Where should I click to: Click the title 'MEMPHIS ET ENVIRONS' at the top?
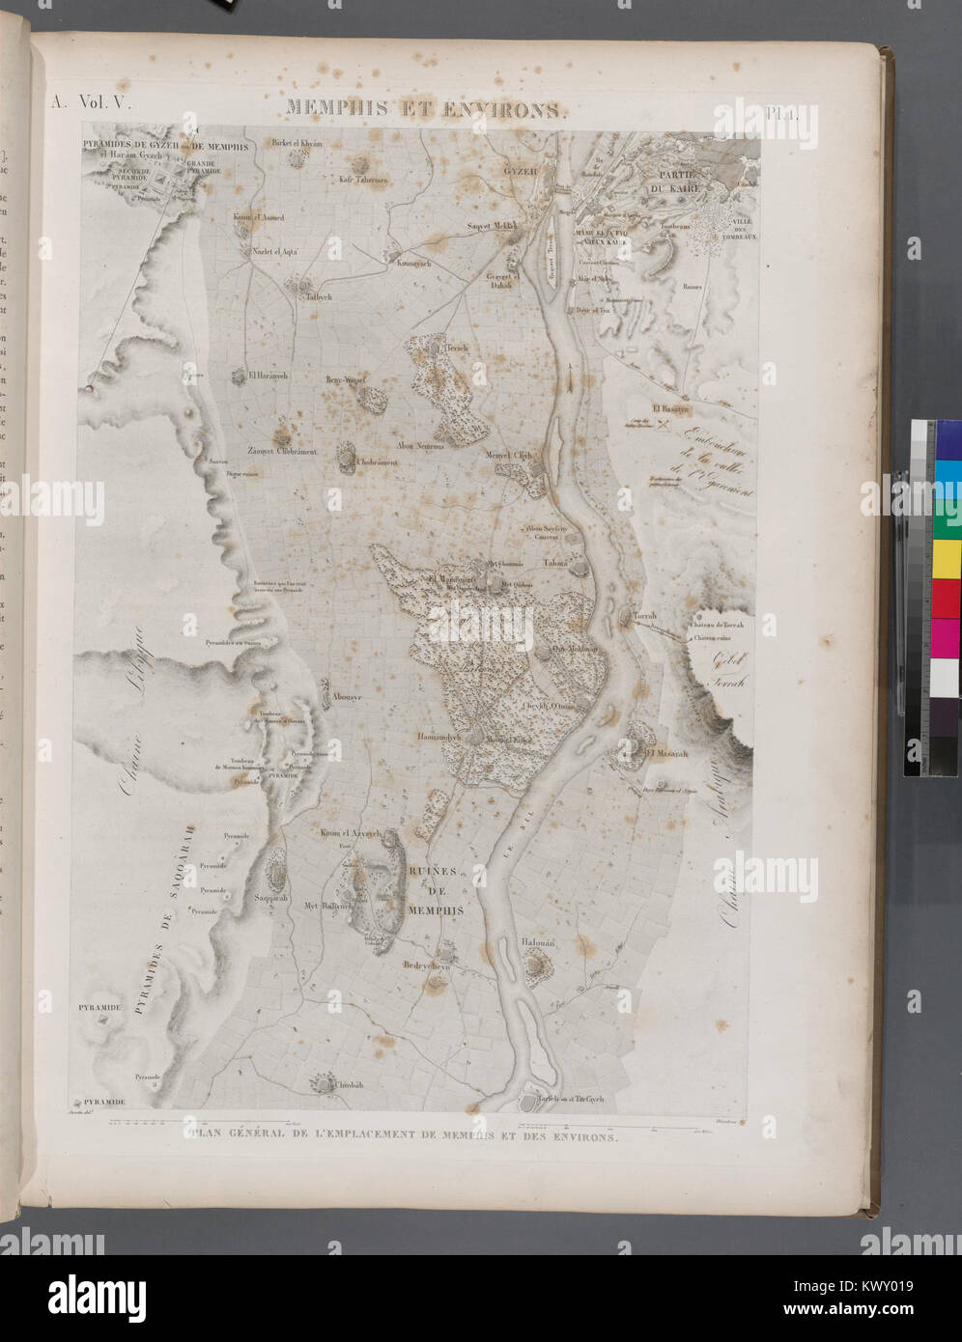click(x=421, y=109)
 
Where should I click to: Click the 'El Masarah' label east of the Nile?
click(x=666, y=753)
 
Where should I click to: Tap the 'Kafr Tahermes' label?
click(x=363, y=180)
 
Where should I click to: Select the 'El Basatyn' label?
click(x=671, y=409)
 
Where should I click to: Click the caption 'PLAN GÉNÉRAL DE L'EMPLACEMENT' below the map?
click(x=405, y=1137)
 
